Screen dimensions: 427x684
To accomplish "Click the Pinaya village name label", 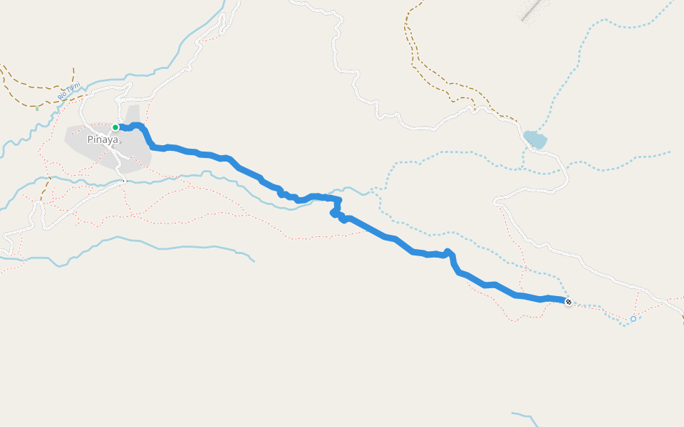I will (102, 139).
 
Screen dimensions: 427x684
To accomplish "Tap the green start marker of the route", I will (115, 127).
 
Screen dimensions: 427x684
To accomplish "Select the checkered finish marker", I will (569, 302).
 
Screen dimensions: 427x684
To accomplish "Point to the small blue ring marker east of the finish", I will (633, 319).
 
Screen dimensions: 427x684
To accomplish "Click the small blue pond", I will (534, 139).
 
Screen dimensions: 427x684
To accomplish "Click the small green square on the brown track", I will (37, 109).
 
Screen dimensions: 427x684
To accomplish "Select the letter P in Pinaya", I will (90, 139).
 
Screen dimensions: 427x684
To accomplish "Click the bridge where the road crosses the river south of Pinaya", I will (125, 181).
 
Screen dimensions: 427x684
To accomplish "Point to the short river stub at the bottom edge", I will (524, 416).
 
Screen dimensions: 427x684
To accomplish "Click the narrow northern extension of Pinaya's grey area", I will (133, 114).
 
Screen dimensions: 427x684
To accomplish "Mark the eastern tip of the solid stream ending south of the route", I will (254, 260).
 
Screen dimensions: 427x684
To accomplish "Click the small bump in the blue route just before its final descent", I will (448, 252).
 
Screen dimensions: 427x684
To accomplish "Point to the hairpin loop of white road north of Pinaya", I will (124, 89).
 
